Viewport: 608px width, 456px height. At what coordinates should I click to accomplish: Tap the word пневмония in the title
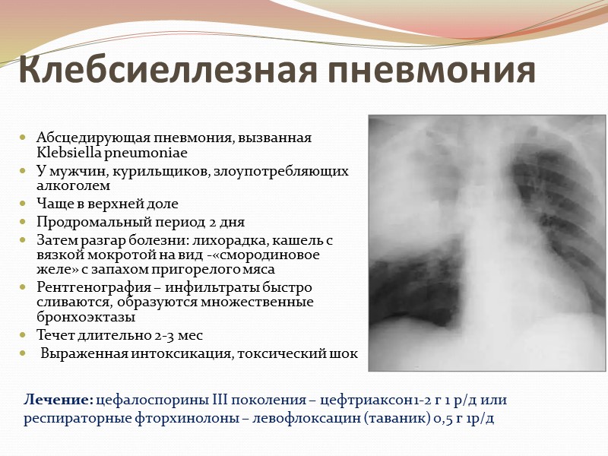[x=432, y=70]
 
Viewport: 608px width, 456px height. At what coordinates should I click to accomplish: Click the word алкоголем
[x=73, y=185]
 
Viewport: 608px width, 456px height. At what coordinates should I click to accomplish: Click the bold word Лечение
[x=59, y=400]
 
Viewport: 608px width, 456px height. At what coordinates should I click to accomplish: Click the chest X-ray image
[x=486, y=242]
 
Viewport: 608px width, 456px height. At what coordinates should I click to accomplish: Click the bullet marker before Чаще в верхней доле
[x=23, y=204]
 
